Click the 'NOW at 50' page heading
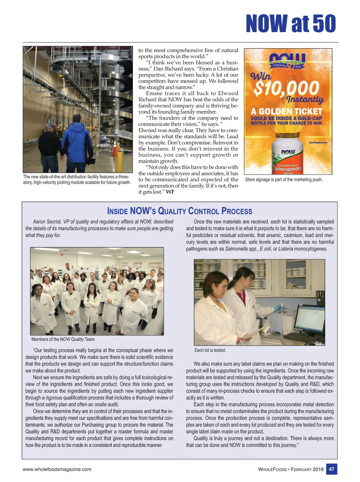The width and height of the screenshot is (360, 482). pyautogui.click(x=290, y=23)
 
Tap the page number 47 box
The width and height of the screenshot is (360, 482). pyautogui.click(x=331, y=469)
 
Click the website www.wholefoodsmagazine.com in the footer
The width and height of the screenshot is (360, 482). pyautogui.click(x=57, y=469)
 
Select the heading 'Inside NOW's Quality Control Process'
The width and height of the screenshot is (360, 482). pyautogui.click(x=179, y=211)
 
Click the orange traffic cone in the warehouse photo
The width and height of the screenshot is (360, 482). pyautogui.click(x=114, y=148)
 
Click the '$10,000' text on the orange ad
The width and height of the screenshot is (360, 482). pyautogui.click(x=286, y=88)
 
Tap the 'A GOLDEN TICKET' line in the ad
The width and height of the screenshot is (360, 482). pyautogui.click(x=286, y=111)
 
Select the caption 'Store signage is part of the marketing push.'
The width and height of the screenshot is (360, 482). pyautogui.click(x=283, y=179)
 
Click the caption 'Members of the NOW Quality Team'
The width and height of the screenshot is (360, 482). pyautogui.click(x=63, y=339)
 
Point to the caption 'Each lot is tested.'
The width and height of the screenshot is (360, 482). pyautogui.click(x=210, y=350)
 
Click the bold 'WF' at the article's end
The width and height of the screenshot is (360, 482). pyautogui.click(x=170, y=192)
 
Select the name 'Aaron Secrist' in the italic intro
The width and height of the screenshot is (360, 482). pyautogui.click(x=47, y=222)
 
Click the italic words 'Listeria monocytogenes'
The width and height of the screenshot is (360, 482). pyautogui.click(x=302, y=249)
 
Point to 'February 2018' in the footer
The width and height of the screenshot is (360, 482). pyautogui.click(x=307, y=469)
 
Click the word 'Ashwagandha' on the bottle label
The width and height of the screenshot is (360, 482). pyautogui.click(x=287, y=169)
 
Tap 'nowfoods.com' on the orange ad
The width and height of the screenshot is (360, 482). pyautogui.click(x=318, y=143)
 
